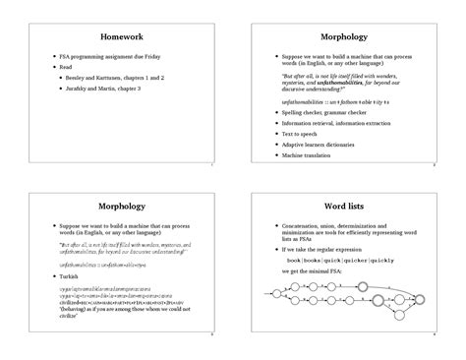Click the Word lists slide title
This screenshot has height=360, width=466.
tap(349, 208)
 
